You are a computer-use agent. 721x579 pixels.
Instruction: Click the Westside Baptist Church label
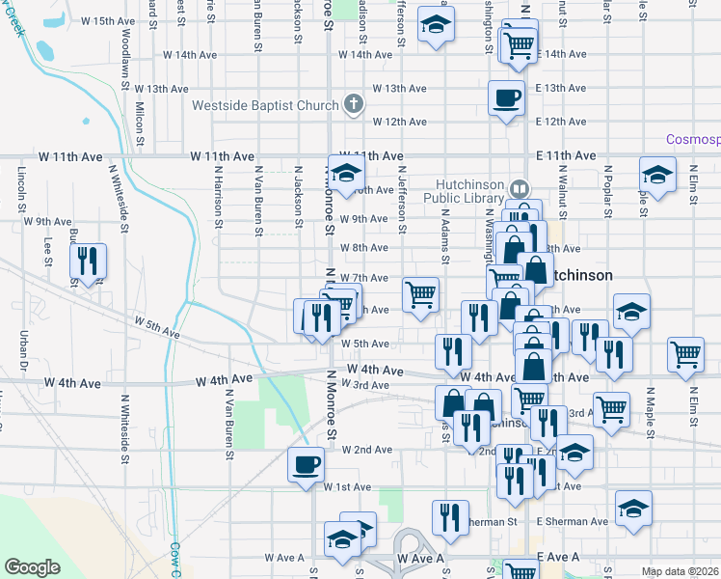pyautogui.click(x=264, y=105)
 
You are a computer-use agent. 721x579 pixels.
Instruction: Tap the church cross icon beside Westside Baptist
pyautogui.click(x=354, y=105)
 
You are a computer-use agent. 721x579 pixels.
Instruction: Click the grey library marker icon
pyautogui.click(x=521, y=188)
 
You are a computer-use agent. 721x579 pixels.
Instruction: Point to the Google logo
pyautogui.click(x=33, y=567)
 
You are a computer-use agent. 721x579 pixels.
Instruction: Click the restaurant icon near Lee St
pyautogui.click(x=88, y=261)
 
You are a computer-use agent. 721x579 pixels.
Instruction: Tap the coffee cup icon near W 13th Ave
pyautogui.click(x=507, y=97)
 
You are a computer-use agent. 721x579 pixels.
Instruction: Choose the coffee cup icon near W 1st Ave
pyautogui.click(x=307, y=464)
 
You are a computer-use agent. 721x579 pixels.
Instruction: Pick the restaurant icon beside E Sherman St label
pyautogui.click(x=450, y=518)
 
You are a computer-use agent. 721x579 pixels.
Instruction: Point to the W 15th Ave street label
pyautogui.click(x=109, y=20)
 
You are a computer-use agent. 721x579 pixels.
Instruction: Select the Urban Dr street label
pyautogui.click(x=23, y=352)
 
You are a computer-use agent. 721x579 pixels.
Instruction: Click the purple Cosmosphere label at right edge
pyautogui.click(x=693, y=140)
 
